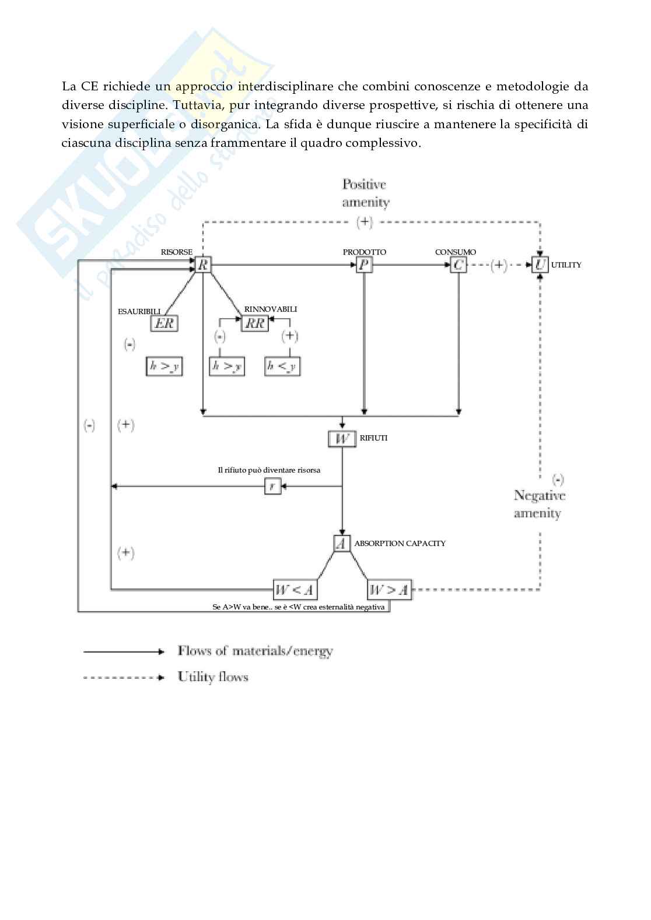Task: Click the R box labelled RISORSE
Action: coord(203,266)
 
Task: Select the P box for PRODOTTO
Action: coord(365,266)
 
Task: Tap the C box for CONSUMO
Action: coord(459,266)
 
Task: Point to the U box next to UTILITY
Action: coord(540,266)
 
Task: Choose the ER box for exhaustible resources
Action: coord(164,323)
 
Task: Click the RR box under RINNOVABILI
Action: coord(255,323)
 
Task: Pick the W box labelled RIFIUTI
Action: coord(342,438)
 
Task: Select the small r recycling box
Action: coord(273,485)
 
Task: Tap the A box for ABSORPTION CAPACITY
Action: coord(342,544)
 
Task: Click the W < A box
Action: coord(295,590)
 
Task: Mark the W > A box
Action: coord(389,590)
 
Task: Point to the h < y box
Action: coord(282,366)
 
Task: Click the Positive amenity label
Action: coord(365,193)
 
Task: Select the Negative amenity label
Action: coord(539,505)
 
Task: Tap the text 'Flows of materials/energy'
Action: coord(256,651)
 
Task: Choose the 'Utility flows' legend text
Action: coord(213,677)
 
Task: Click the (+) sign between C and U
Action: coord(499,266)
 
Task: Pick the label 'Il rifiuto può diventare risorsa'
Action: coord(269,470)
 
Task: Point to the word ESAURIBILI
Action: coord(139,312)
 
